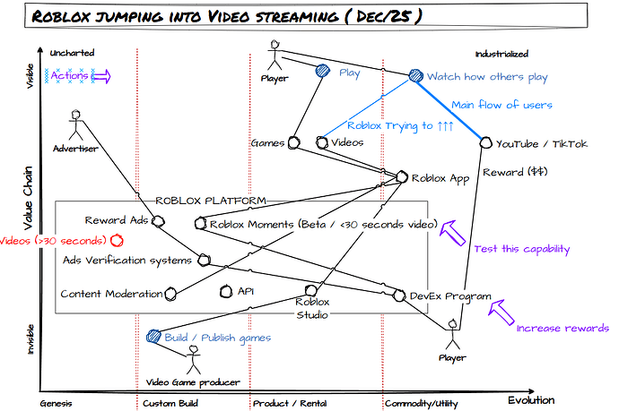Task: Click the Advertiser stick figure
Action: tap(75, 125)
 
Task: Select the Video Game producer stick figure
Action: tap(194, 359)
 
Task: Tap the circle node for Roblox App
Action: tap(402, 177)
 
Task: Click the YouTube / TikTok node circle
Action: tap(486, 142)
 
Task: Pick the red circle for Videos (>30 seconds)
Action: tap(117, 240)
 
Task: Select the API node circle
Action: tap(226, 292)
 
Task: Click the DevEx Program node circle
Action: tap(399, 295)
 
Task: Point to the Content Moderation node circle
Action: tap(170, 294)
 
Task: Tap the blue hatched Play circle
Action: tap(323, 71)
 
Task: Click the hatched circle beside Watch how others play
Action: tap(415, 75)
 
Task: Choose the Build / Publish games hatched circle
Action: tap(153, 336)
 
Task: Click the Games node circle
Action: tap(293, 142)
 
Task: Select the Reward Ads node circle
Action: tap(158, 221)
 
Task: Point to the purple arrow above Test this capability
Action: tap(453, 233)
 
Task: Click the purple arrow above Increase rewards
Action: tap(501, 313)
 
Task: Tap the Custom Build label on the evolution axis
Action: tap(170, 404)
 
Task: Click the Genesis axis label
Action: tap(56, 404)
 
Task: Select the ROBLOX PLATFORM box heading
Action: tap(211, 201)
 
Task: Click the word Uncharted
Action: tap(72, 53)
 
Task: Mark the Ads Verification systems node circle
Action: tap(205, 260)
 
